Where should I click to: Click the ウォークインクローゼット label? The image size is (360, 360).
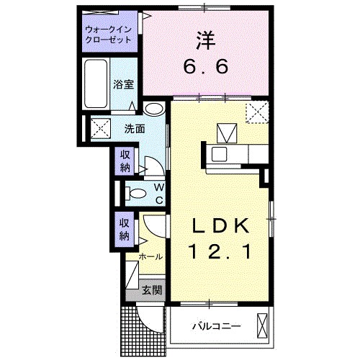[x=109, y=35]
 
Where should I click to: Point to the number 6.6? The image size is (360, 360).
[x=205, y=66]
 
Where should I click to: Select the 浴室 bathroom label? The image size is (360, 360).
[x=123, y=84]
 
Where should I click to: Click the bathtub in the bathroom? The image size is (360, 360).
[x=95, y=84]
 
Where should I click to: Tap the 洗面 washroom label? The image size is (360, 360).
[x=134, y=130]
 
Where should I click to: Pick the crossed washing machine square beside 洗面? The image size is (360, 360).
[x=99, y=130]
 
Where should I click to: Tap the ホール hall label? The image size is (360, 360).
[x=150, y=256]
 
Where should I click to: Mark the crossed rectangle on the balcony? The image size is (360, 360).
[x=262, y=325]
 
